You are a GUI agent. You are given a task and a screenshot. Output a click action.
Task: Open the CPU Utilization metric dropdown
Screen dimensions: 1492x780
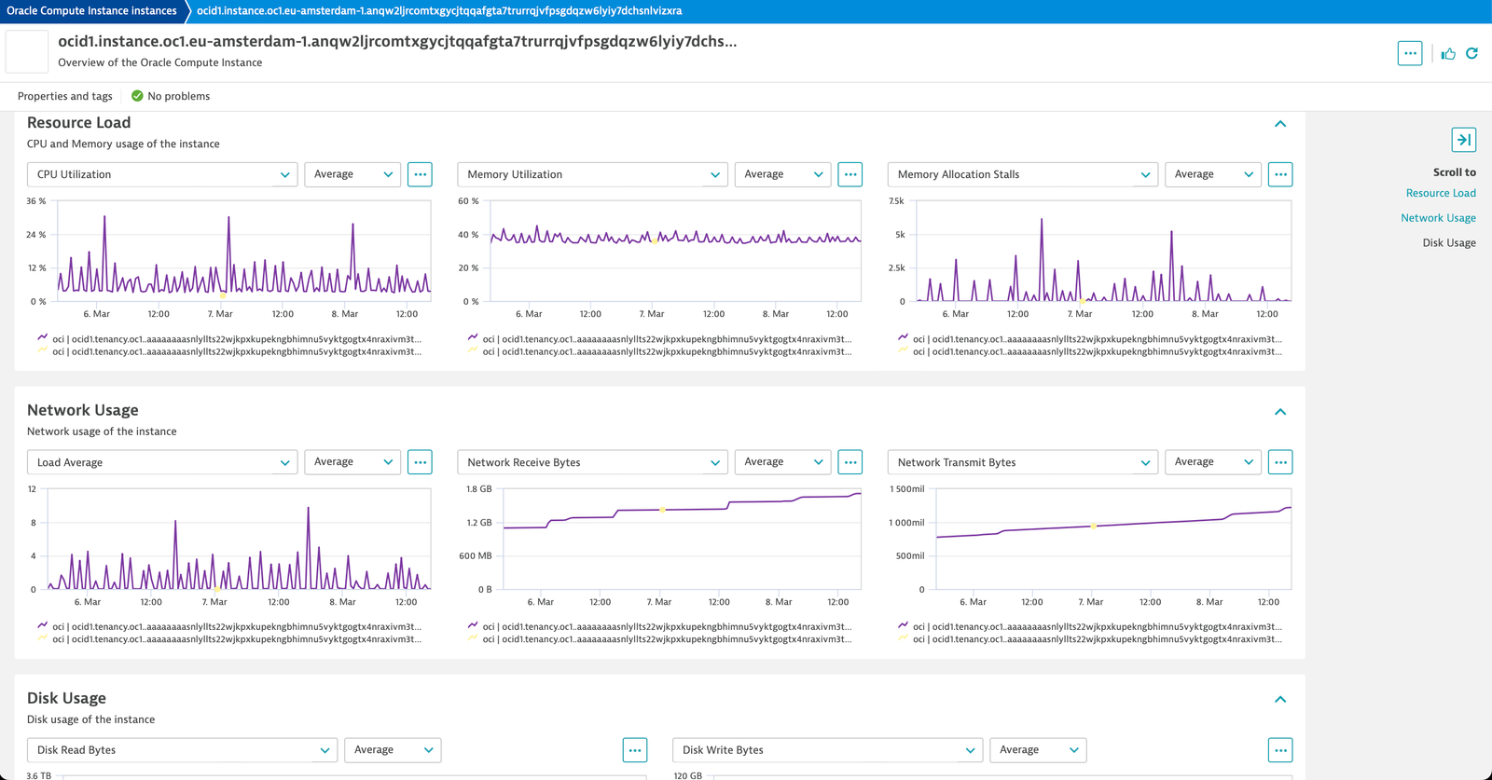162,174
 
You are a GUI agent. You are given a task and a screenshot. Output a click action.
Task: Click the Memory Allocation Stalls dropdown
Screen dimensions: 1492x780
1022,174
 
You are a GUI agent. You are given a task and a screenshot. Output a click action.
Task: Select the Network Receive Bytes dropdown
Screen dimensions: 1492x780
592,462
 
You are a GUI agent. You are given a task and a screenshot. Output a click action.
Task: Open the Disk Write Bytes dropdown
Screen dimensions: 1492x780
827,750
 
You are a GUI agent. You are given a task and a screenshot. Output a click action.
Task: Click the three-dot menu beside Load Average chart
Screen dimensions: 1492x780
420,462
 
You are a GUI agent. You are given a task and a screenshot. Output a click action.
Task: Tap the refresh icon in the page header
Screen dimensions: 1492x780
1472,53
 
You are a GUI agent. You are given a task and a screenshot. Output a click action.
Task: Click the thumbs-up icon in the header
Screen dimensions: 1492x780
1448,54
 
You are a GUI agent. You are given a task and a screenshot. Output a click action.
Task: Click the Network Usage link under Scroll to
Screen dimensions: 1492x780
1438,218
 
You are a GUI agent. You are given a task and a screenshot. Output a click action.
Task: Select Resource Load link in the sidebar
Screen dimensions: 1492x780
1441,193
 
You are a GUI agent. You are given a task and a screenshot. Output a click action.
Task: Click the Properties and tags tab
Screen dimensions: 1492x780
64,96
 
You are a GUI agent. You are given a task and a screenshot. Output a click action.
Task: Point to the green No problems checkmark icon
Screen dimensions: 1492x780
137,96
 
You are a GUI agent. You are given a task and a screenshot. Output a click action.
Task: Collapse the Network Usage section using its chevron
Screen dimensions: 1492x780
1280,412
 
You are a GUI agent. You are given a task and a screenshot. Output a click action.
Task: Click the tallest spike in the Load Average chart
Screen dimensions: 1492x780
309,509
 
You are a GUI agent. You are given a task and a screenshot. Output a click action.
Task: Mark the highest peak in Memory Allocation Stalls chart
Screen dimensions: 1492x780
1042,220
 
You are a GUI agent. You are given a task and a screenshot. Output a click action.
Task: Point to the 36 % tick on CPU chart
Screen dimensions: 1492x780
36,201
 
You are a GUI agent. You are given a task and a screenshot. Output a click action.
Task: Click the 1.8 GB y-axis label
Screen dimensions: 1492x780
479,489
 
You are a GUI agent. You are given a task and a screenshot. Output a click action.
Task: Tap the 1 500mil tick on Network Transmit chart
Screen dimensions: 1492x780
907,489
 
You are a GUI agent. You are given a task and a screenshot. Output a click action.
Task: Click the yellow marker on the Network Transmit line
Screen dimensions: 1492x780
1093,527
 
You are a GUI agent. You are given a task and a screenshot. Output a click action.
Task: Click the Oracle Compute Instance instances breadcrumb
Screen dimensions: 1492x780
91,10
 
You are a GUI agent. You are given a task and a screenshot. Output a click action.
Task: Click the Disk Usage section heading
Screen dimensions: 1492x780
66,698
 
